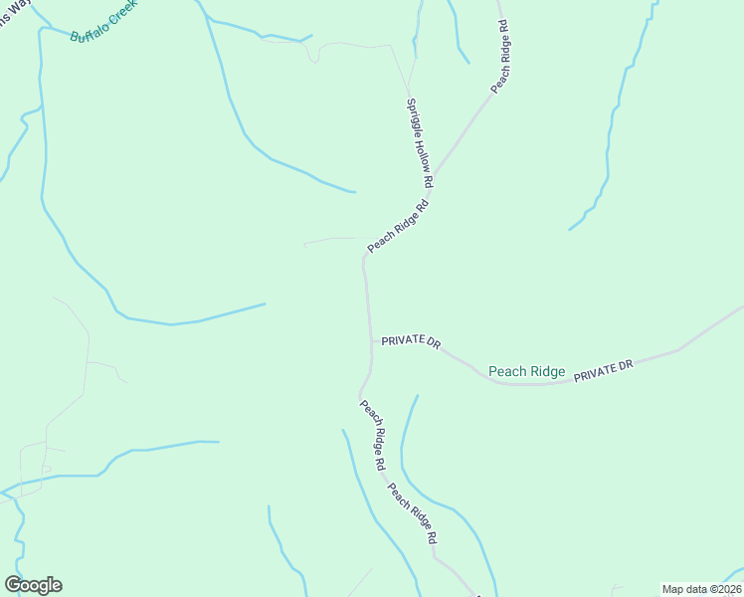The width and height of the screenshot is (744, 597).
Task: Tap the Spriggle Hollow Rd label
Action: click(420, 142)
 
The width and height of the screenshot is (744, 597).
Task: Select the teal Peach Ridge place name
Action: click(526, 371)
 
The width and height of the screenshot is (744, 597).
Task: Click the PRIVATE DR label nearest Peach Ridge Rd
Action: click(411, 341)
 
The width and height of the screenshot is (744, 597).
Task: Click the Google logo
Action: click(33, 585)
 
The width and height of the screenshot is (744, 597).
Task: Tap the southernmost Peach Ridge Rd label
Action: click(412, 512)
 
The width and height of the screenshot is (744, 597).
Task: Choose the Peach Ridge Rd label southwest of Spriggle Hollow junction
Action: click(397, 226)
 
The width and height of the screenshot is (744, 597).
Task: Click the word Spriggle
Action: click(411, 112)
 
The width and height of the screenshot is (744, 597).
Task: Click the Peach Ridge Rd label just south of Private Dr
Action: click(373, 434)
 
